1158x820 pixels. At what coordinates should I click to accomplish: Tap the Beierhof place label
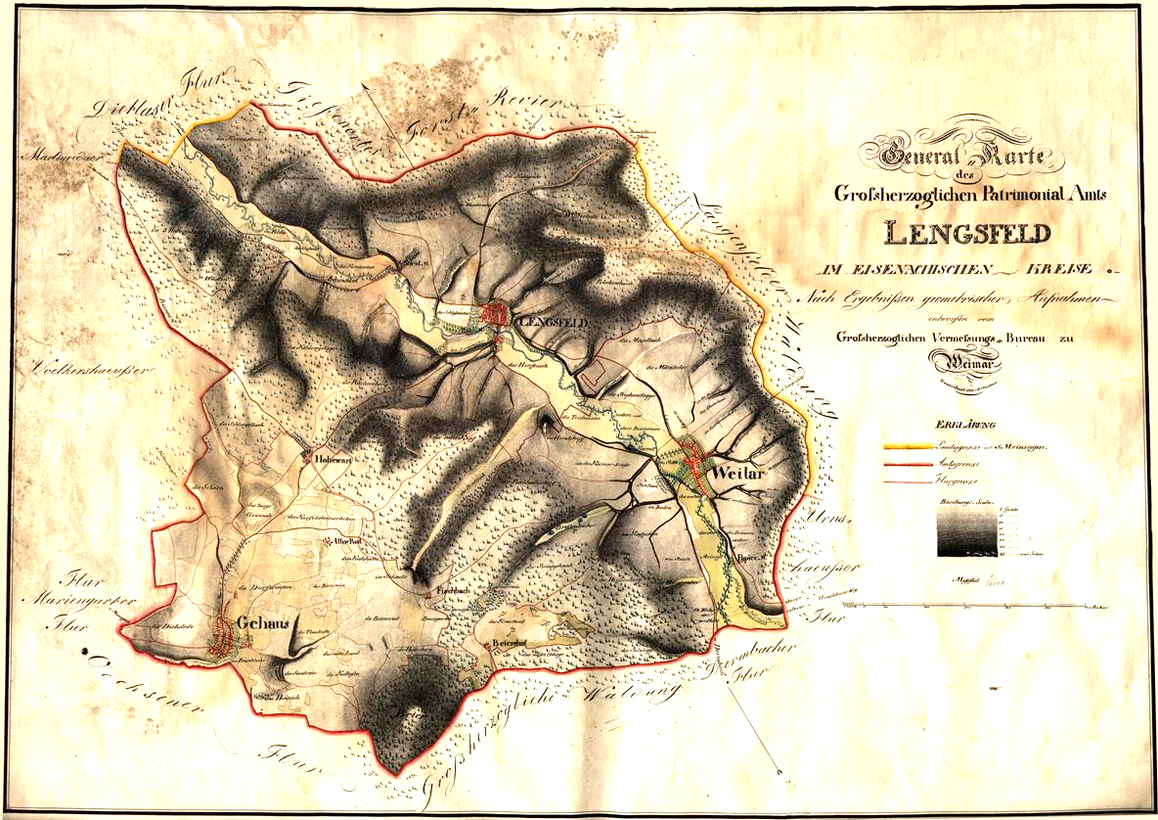[510, 643]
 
